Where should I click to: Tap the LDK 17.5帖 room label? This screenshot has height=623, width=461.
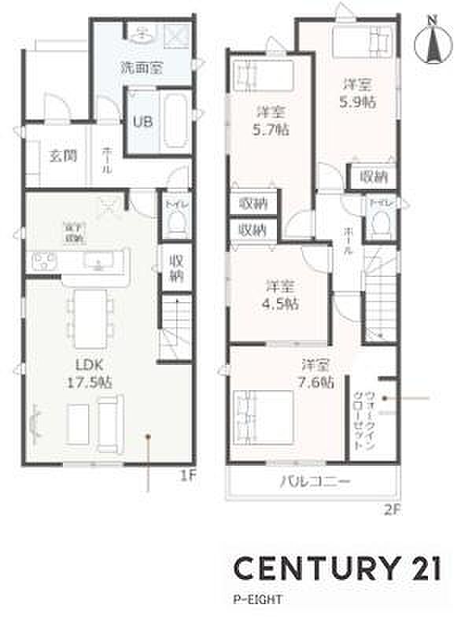tap(91, 374)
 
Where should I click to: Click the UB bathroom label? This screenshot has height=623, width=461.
tap(142, 122)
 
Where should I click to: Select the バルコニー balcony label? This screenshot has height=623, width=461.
tap(314, 482)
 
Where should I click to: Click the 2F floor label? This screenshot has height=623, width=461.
tap(393, 508)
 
